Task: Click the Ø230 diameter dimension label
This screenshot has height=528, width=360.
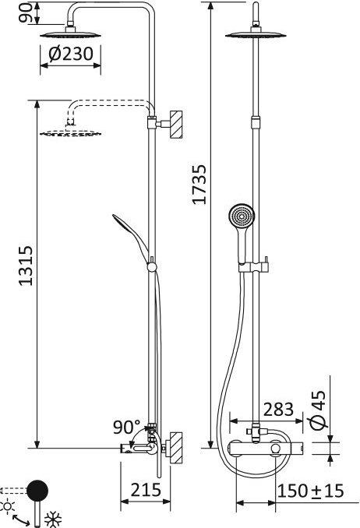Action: click(x=70, y=54)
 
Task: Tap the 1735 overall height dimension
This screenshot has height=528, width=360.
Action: click(x=199, y=185)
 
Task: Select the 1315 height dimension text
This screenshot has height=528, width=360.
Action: click(x=26, y=266)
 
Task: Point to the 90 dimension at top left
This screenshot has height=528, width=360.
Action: click(x=26, y=12)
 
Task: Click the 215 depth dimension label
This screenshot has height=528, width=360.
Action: click(x=146, y=490)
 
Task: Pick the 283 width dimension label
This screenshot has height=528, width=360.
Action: click(x=278, y=410)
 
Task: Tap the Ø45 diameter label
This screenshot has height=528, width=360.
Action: click(x=317, y=410)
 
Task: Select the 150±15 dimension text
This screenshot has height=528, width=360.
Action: click(x=310, y=491)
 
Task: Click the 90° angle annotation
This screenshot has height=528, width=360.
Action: click(x=126, y=427)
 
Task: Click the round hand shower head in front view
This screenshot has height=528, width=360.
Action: click(x=242, y=216)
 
